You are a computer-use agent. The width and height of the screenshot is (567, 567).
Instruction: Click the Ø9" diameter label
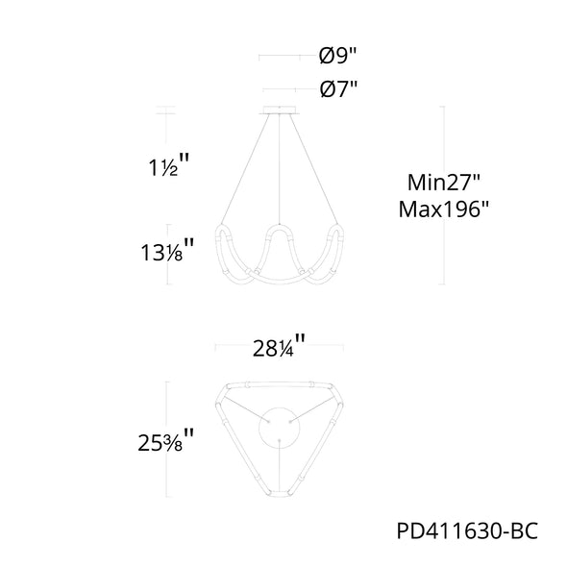(x=337, y=56)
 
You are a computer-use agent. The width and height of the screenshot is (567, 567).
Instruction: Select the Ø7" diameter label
(x=338, y=88)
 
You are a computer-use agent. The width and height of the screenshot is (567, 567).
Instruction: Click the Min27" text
(x=443, y=183)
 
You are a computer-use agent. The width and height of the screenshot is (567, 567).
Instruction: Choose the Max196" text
(x=443, y=209)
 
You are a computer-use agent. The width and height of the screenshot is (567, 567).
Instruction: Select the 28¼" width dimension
(x=279, y=346)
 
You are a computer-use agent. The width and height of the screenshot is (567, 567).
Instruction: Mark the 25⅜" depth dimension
(x=165, y=440)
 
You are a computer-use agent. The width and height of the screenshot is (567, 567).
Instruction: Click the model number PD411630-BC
(x=467, y=531)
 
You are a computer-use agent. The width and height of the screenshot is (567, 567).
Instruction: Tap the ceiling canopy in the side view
(x=280, y=110)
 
